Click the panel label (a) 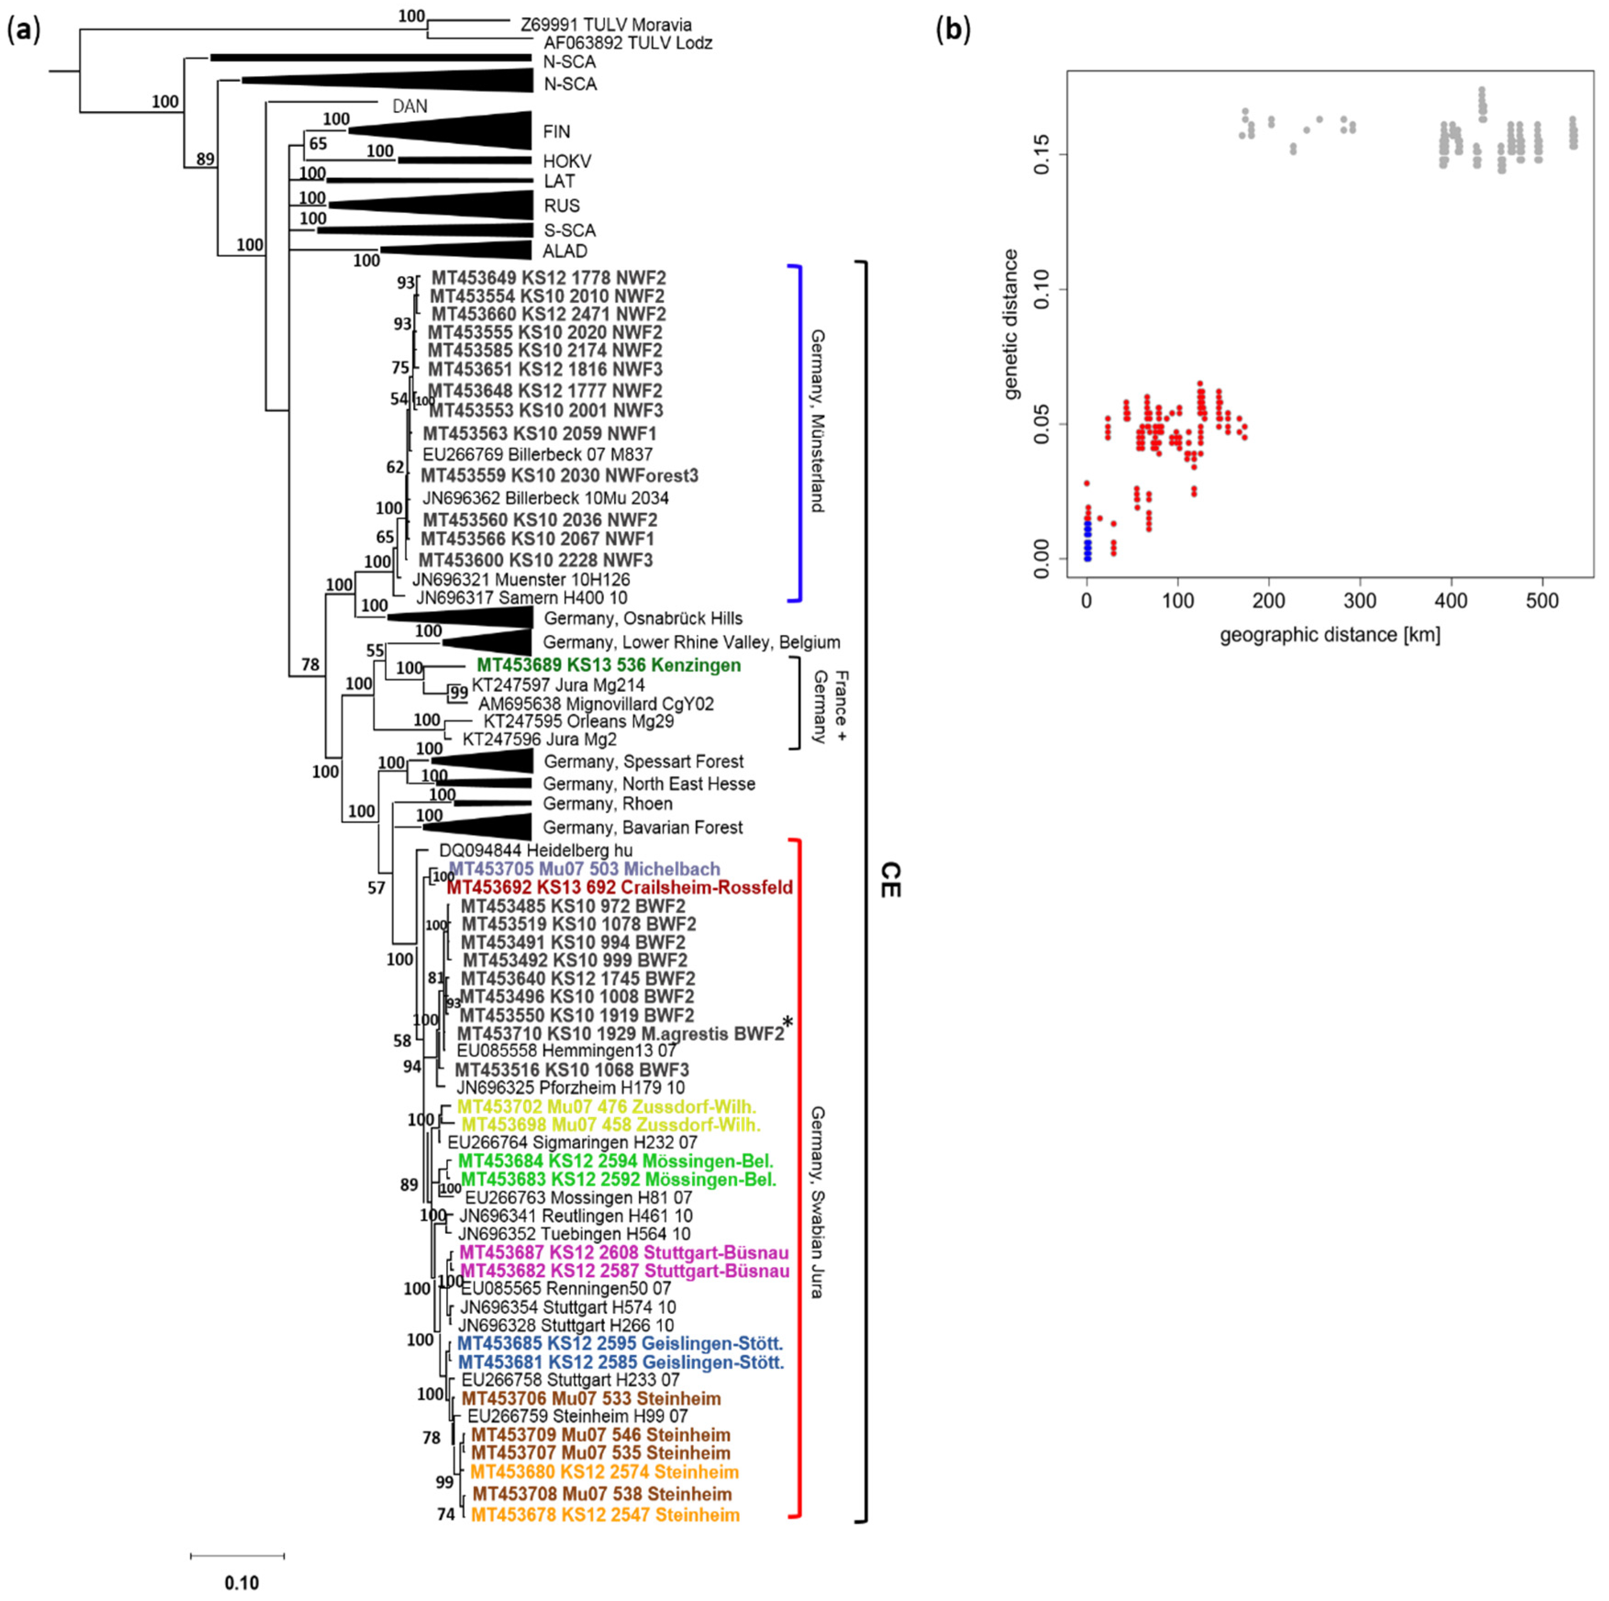[x=23, y=31]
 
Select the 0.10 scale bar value [x=242, y=1583]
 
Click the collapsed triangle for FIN [x=466, y=131]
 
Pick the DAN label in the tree [x=410, y=106]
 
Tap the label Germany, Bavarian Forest [x=642, y=827]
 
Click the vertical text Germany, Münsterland [x=818, y=421]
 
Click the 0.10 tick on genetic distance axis [x=1042, y=289]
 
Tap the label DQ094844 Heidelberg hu [x=536, y=850]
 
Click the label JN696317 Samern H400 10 [x=522, y=597]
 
